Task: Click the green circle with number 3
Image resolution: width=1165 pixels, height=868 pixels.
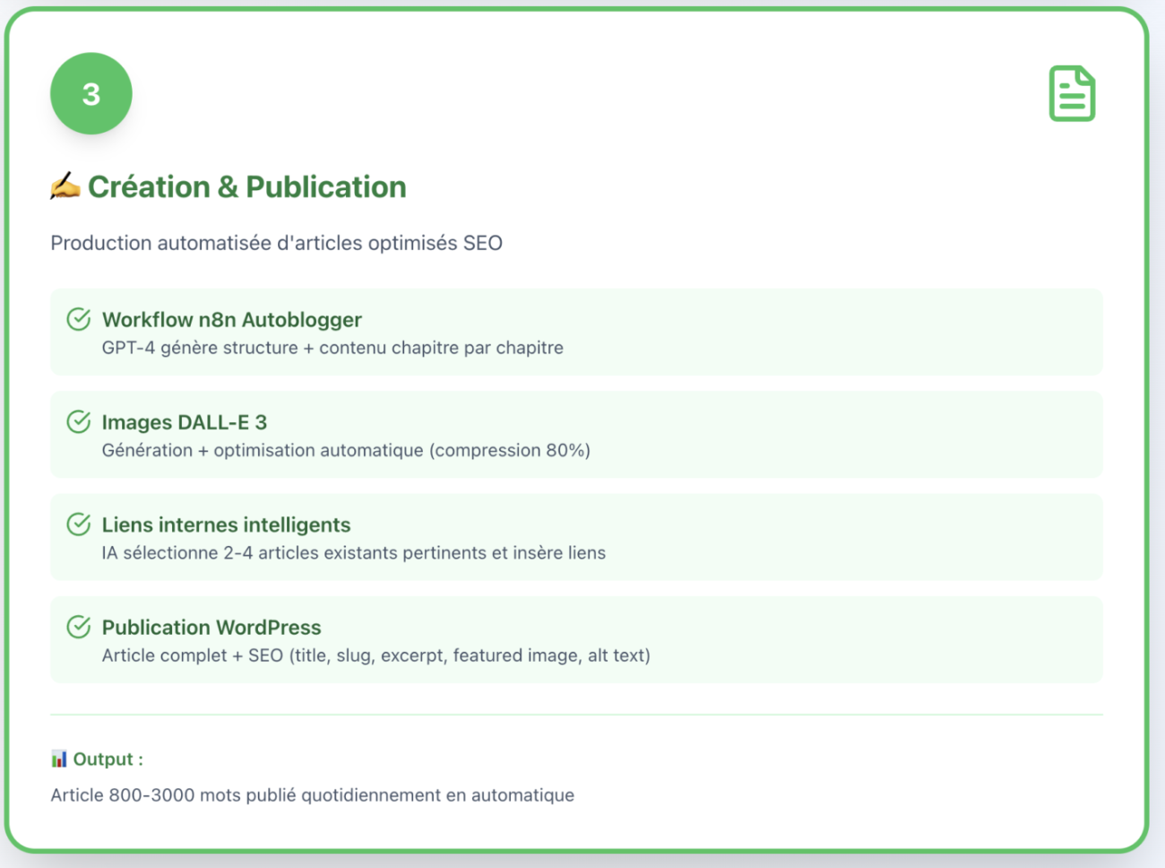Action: point(91,93)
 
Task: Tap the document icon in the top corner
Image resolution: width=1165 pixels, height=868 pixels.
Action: point(1072,93)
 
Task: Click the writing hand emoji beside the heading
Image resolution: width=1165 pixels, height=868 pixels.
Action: point(65,186)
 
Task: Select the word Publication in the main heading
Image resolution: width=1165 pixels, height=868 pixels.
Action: point(325,187)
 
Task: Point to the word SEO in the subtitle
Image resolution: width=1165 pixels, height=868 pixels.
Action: point(482,243)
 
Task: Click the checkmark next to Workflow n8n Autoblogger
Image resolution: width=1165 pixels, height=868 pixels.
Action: point(79,319)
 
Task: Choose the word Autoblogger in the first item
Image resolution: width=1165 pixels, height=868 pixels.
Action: point(301,320)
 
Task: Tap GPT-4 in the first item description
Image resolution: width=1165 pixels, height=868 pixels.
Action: point(128,348)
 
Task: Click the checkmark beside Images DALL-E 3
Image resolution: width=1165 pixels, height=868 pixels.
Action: point(79,421)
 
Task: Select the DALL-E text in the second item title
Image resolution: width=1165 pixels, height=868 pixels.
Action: point(213,422)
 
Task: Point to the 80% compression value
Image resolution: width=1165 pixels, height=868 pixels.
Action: point(565,450)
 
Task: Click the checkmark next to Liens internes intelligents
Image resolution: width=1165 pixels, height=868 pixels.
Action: point(79,524)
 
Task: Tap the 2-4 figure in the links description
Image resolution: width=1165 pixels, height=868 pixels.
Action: point(237,553)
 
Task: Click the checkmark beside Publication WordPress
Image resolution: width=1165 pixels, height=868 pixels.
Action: point(79,627)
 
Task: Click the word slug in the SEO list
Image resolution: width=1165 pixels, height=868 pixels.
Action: point(353,655)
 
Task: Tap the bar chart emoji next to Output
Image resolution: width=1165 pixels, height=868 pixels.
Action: point(59,759)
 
